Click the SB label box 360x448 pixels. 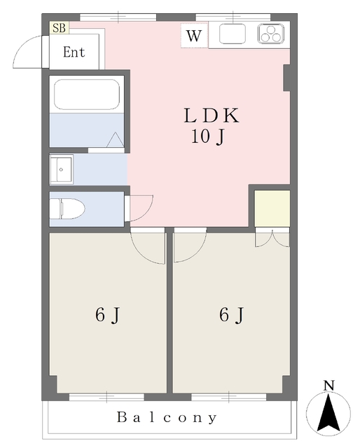point(60,28)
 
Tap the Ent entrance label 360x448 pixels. point(74,52)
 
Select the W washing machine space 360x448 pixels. point(194,36)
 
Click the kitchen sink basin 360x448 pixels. point(233,34)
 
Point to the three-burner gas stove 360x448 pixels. point(271,34)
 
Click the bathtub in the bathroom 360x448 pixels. point(87,94)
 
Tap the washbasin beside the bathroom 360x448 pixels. point(62,169)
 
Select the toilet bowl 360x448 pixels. point(67,209)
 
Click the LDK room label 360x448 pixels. point(212,115)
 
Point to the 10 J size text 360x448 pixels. point(207,136)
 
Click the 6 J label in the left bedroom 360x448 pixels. point(107,315)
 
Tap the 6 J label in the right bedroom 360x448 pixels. point(232,315)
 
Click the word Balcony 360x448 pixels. point(167,417)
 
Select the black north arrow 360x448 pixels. point(328,412)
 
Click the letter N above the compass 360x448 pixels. point(328,386)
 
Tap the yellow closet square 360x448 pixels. point(272,209)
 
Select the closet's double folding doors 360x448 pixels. point(272,239)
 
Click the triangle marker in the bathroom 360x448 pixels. point(116,140)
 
